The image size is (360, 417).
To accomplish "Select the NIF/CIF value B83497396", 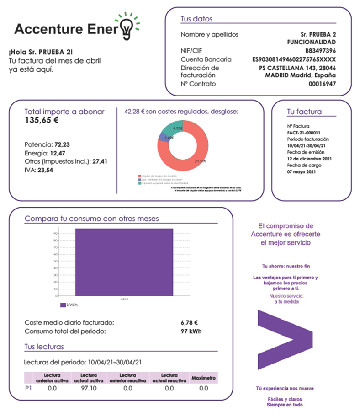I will [x=321, y=51].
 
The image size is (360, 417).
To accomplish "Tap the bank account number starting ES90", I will [x=294, y=59].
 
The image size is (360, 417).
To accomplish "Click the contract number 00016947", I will [x=322, y=84].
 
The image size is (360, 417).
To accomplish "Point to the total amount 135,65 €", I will [x=41, y=121].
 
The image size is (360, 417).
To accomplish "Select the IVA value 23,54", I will [x=46, y=169].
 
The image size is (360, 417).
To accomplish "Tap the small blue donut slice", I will [x=161, y=136].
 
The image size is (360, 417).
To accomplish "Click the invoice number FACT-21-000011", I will [x=304, y=132].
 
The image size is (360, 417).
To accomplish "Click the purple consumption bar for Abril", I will [x=124, y=262].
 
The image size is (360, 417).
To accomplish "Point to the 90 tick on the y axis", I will [x=55, y=233].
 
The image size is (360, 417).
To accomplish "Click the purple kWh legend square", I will [x=63, y=305].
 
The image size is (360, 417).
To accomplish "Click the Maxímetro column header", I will [x=204, y=378].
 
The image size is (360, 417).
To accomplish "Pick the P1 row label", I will [x=28, y=388].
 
